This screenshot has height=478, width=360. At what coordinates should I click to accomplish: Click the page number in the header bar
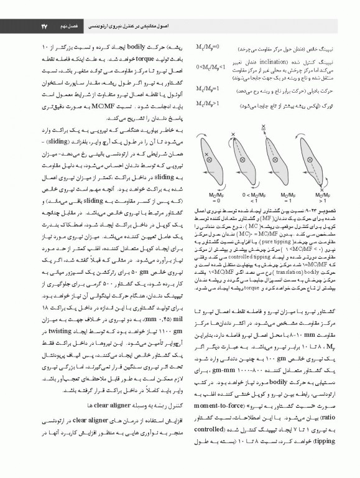tap(27, 10)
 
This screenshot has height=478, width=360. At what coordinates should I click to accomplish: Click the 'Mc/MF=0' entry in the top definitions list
tap(206, 48)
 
